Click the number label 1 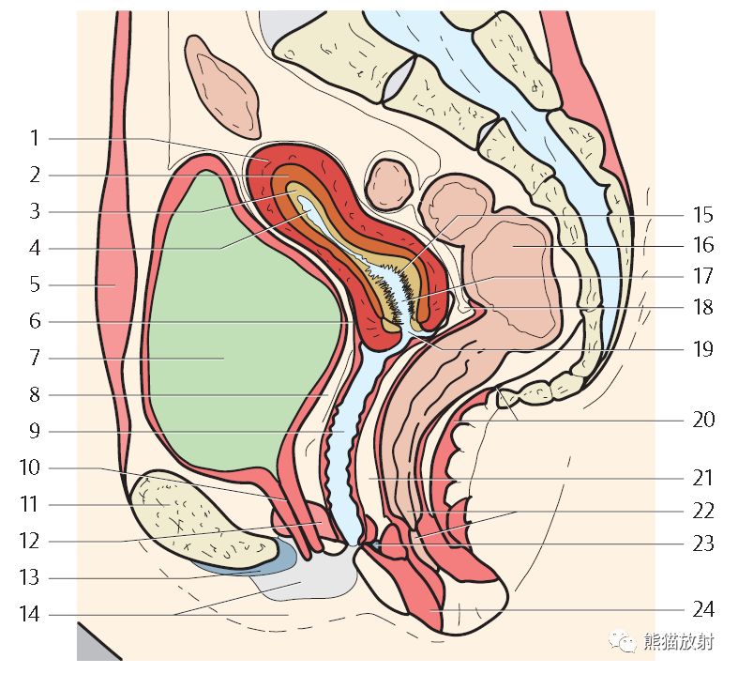pos(35,139)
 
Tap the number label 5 pos(35,284)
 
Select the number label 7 pos(35,358)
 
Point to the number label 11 pos(30,504)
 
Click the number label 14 pos(30,615)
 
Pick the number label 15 pos(703,214)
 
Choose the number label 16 pos(703,245)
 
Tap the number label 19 pos(703,349)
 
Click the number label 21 pos(703,478)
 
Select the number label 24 pos(703,610)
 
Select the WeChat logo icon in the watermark pos(624,641)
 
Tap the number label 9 pos(35,431)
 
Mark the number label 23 pos(703,544)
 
